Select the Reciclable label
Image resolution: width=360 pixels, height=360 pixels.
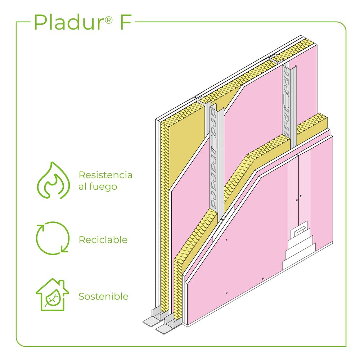pyautogui.click(x=103, y=240)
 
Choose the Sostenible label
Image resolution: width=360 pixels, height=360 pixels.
pyautogui.click(x=103, y=297)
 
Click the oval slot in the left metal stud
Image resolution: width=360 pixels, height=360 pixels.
pyautogui.click(x=214, y=143)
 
